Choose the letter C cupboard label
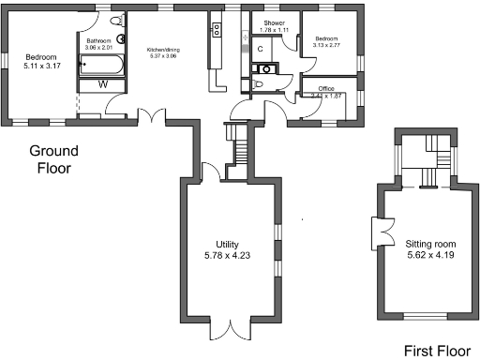pos(260,48)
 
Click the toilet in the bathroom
pos(117,21)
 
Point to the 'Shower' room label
pos(274,22)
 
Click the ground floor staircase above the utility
pos(241,146)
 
